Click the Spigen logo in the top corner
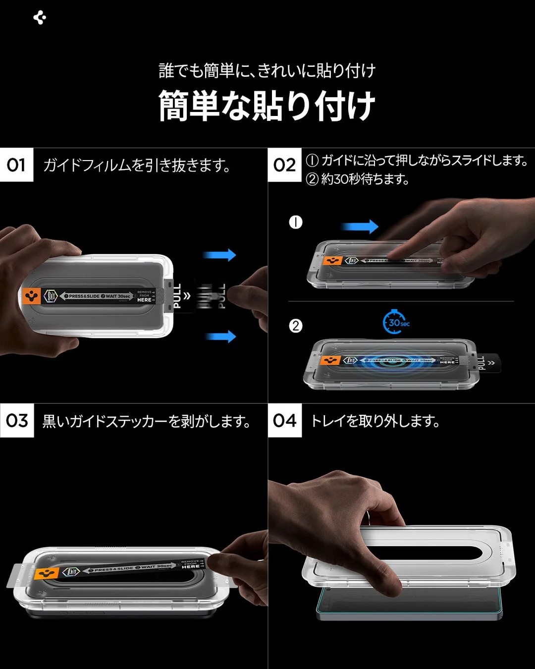pyautogui.click(x=40, y=18)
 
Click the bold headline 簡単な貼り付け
pyautogui.click(x=267, y=106)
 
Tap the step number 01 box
pyautogui.click(x=16, y=165)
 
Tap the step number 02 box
pyautogui.click(x=284, y=165)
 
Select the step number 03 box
pyautogui.click(x=17, y=421)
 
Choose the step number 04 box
pyautogui.click(x=284, y=421)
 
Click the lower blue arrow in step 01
pyautogui.click(x=221, y=337)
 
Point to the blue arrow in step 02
pyautogui.click(x=360, y=227)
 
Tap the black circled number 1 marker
pyautogui.click(x=296, y=223)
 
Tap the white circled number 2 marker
pyautogui.click(x=296, y=326)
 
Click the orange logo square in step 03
pyautogui.click(x=48, y=574)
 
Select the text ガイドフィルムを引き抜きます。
pyautogui.click(x=137, y=165)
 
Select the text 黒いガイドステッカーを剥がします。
pyautogui.click(x=146, y=421)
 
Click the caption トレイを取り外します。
pyautogui.click(x=375, y=421)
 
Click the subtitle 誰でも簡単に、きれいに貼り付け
pyautogui.click(x=267, y=71)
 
